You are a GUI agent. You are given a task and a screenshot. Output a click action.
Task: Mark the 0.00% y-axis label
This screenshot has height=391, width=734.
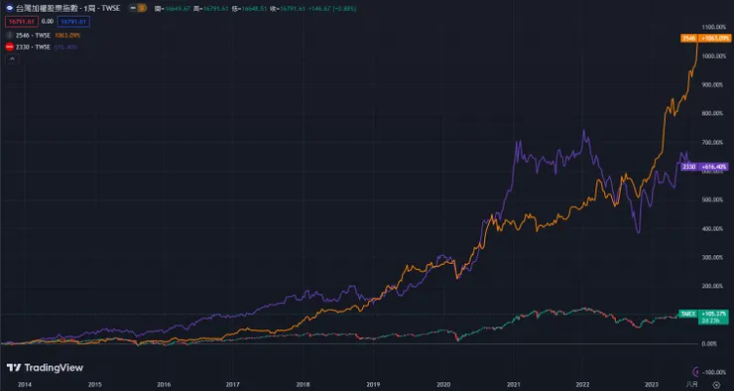709,343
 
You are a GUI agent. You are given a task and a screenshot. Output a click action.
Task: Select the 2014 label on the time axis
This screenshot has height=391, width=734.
24,383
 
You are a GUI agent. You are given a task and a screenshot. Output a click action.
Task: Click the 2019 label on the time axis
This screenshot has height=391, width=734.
372,383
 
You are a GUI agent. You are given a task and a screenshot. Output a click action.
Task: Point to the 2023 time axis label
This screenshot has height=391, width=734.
651,383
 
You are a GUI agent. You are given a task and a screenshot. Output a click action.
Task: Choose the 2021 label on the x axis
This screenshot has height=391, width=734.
513,383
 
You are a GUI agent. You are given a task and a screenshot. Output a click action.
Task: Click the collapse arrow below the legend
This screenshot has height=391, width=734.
12,59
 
